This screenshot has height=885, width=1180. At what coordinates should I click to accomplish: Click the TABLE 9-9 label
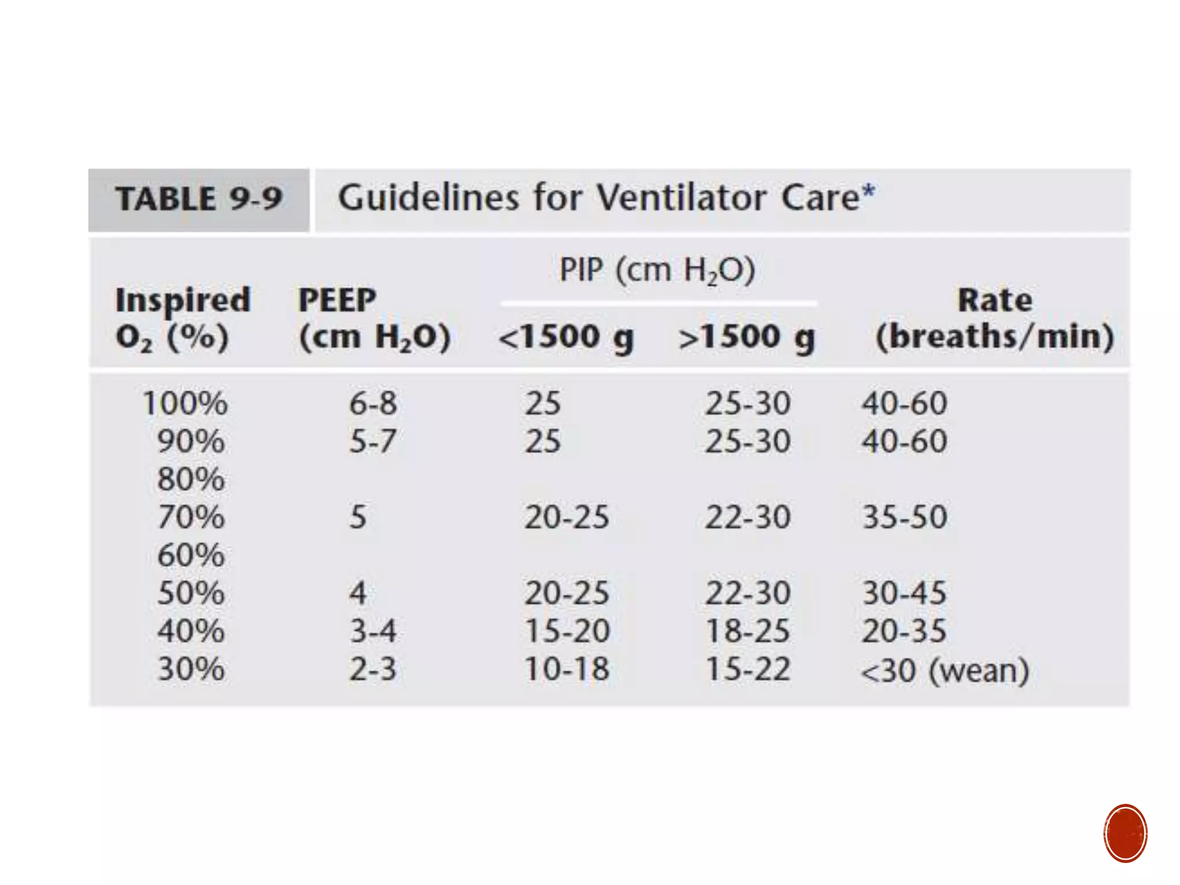pyautogui.click(x=198, y=199)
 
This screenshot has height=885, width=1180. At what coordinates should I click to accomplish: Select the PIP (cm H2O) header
pyautogui.click(x=657, y=270)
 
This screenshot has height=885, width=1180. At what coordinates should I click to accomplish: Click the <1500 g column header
pyautogui.click(x=566, y=337)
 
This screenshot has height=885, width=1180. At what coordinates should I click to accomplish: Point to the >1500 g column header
pyautogui.click(x=747, y=337)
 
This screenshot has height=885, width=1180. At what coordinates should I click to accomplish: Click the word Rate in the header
pyautogui.click(x=994, y=300)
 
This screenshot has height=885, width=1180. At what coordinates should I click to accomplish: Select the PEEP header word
pyautogui.click(x=337, y=300)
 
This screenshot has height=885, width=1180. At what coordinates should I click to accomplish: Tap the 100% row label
pyautogui.click(x=184, y=403)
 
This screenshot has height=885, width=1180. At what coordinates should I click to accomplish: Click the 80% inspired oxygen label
pyautogui.click(x=191, y=479)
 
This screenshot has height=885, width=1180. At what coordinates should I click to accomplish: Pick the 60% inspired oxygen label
pyautogui.click(x=191, y=555)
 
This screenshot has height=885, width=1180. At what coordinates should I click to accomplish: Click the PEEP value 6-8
pyautogui.click(x=373, y=403)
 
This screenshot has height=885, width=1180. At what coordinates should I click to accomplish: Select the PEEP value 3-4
pyautogui.click(x=373, y=631)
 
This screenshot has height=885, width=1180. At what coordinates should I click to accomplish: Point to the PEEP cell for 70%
pyautogui.click(x=358, y=517)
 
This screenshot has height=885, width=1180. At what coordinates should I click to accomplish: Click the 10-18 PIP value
pyautogui.click(x=566, y=670)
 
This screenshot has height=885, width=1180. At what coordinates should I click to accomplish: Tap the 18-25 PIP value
pyautogui.click(x=747, y=631)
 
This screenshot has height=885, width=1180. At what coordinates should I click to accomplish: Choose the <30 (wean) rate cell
pyautogui.click(x=944, y=671)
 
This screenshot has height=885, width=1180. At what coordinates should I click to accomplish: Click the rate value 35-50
pyautogui.click(x=904, y=517)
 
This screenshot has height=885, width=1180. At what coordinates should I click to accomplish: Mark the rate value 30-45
pyautogui.click(x=904, y=593)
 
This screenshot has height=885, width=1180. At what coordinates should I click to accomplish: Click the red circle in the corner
pyautogui.click(x=1125, y=833)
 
